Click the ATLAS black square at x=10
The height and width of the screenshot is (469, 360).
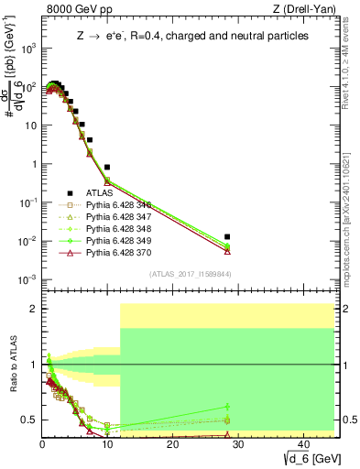point(107,168)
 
